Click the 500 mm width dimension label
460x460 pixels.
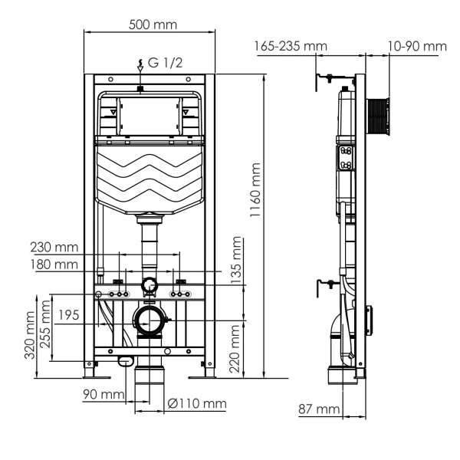pos(153,25)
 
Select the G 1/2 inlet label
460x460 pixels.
pos(164,63)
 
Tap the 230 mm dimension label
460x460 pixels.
pos(54,248)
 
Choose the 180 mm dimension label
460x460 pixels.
pos(54,264)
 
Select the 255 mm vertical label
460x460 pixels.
pos(48,326)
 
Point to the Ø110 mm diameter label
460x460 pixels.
pos(197,404)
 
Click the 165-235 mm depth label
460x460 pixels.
pos(291,47)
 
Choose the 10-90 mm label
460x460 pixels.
pos(417,47)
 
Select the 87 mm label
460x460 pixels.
pos(319,409)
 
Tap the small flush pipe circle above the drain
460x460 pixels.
pos(149,286)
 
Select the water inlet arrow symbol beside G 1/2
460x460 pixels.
pos(140,66)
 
